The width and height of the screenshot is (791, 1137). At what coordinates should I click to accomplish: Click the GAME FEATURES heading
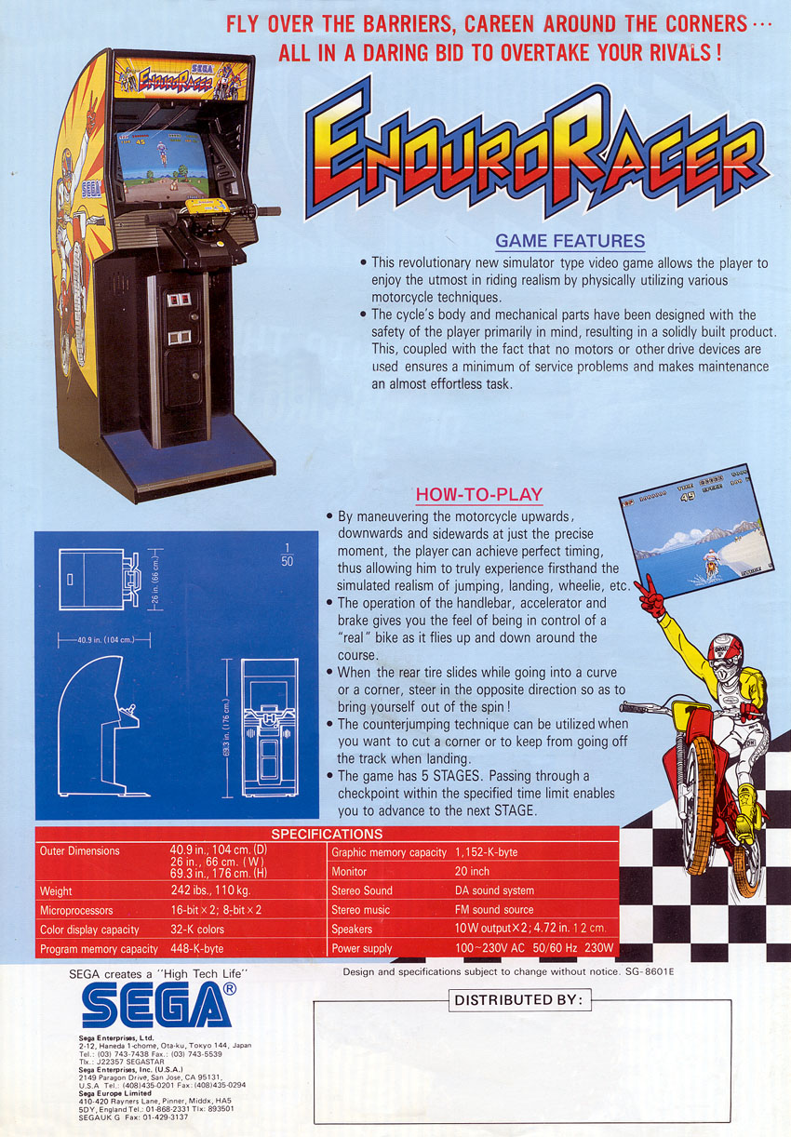pos(570,241)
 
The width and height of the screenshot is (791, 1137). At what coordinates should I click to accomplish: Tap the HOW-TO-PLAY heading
pos(479,494)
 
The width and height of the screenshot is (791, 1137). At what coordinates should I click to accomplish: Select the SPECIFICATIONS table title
pos(327,834)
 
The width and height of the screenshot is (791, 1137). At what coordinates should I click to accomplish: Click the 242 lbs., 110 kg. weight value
pos(210,890)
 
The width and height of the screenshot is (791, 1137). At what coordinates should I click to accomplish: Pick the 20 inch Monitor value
pos(472,871)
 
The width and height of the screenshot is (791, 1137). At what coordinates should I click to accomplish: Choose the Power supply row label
pos(361,948)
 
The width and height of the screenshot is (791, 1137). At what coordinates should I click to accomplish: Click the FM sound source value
pos(494,909)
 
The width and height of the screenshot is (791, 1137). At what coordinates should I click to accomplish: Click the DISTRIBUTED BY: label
pos(519,999)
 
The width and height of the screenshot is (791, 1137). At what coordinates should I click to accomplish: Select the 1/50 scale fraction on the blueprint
pos(287,555)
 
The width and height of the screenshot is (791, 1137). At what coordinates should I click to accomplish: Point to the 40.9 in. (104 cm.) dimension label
pos(105,639)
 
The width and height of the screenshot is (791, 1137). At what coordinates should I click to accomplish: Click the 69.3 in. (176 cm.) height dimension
pos(226,728)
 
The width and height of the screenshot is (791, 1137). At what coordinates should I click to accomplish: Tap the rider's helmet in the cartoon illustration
pos(726,655)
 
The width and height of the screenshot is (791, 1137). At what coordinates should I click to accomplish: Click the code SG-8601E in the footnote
pos(650,972)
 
